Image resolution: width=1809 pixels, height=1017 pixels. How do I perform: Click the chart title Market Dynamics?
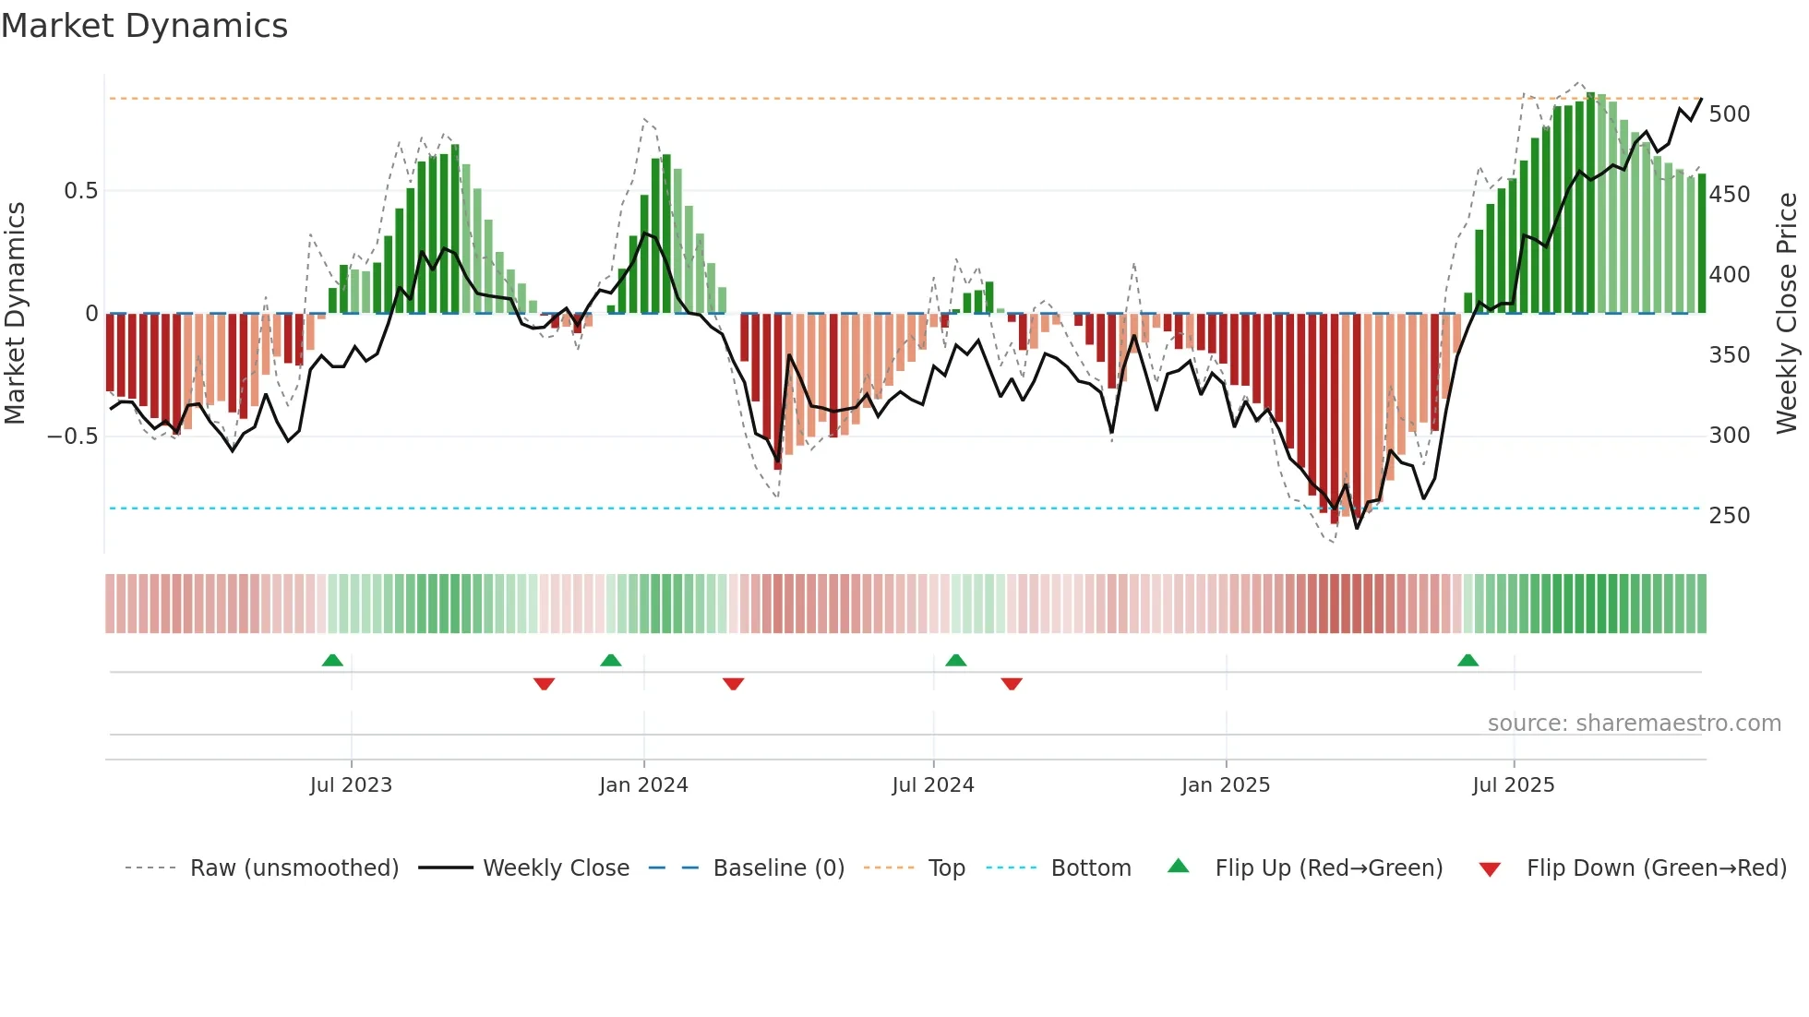pyautogui.click(x=145, y=26)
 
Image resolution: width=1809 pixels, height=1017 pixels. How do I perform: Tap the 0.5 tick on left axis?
pyautogui.click(x=80, y=191)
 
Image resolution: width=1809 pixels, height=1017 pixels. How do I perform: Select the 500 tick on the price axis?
pyautogui.click(x=1729, y=114)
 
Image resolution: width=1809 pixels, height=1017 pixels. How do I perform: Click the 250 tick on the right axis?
pyautogui.click(x=1729, y=516)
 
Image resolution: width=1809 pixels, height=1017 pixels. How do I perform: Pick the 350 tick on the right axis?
pyautogui.click(x=1729, y=355)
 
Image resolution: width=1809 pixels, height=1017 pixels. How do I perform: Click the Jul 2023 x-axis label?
pyautogui.click(x=351, y=785)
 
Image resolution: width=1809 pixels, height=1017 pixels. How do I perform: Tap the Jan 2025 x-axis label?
pyautogui.click(x=1226, y=785)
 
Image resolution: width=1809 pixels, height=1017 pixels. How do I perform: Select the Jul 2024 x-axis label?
pyautogui.click(x=933, y=785)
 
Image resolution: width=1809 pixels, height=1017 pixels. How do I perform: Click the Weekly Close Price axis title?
pyautogui.click(x=1787, y=313)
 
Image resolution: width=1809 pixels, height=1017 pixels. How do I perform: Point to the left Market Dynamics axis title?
pyautogui.click(x=15, y=313)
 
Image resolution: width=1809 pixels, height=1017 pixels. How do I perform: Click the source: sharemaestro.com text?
pyautogui.click(x=1634, y=724)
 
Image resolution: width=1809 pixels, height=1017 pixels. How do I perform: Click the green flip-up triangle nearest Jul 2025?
pyautogui.click(x=1468, y=660)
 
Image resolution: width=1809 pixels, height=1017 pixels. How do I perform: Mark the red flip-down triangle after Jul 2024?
pyautogui.click(x=1012, y=684)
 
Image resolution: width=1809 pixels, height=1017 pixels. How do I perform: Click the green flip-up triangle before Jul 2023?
pyautogui.click(x=332, y=660)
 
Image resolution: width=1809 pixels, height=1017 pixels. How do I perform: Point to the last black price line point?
pyautogui.click(x=1701, y=99)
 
